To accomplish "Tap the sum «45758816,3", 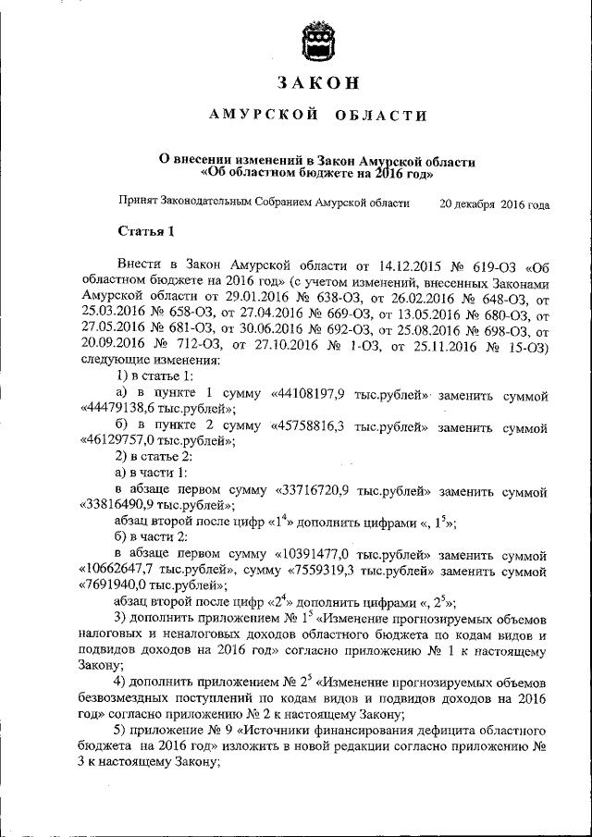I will [309, 427].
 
